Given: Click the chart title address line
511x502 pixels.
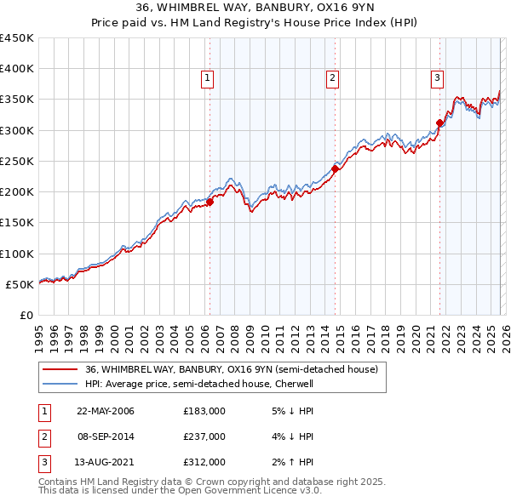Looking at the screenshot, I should tap(255, 8).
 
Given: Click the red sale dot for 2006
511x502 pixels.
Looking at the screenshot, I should tap(210, 203).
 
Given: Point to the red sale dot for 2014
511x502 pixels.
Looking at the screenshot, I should tap(335, 168).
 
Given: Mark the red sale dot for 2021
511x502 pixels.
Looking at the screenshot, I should tap(439, 123).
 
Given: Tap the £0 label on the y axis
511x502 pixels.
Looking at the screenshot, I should tap(26, 315).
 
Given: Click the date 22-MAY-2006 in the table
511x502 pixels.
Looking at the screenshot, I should tap(106, 411).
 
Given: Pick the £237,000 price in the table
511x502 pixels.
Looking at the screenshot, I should tap(204, 436).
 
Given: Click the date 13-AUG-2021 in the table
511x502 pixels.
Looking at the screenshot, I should tap(106, 462).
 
